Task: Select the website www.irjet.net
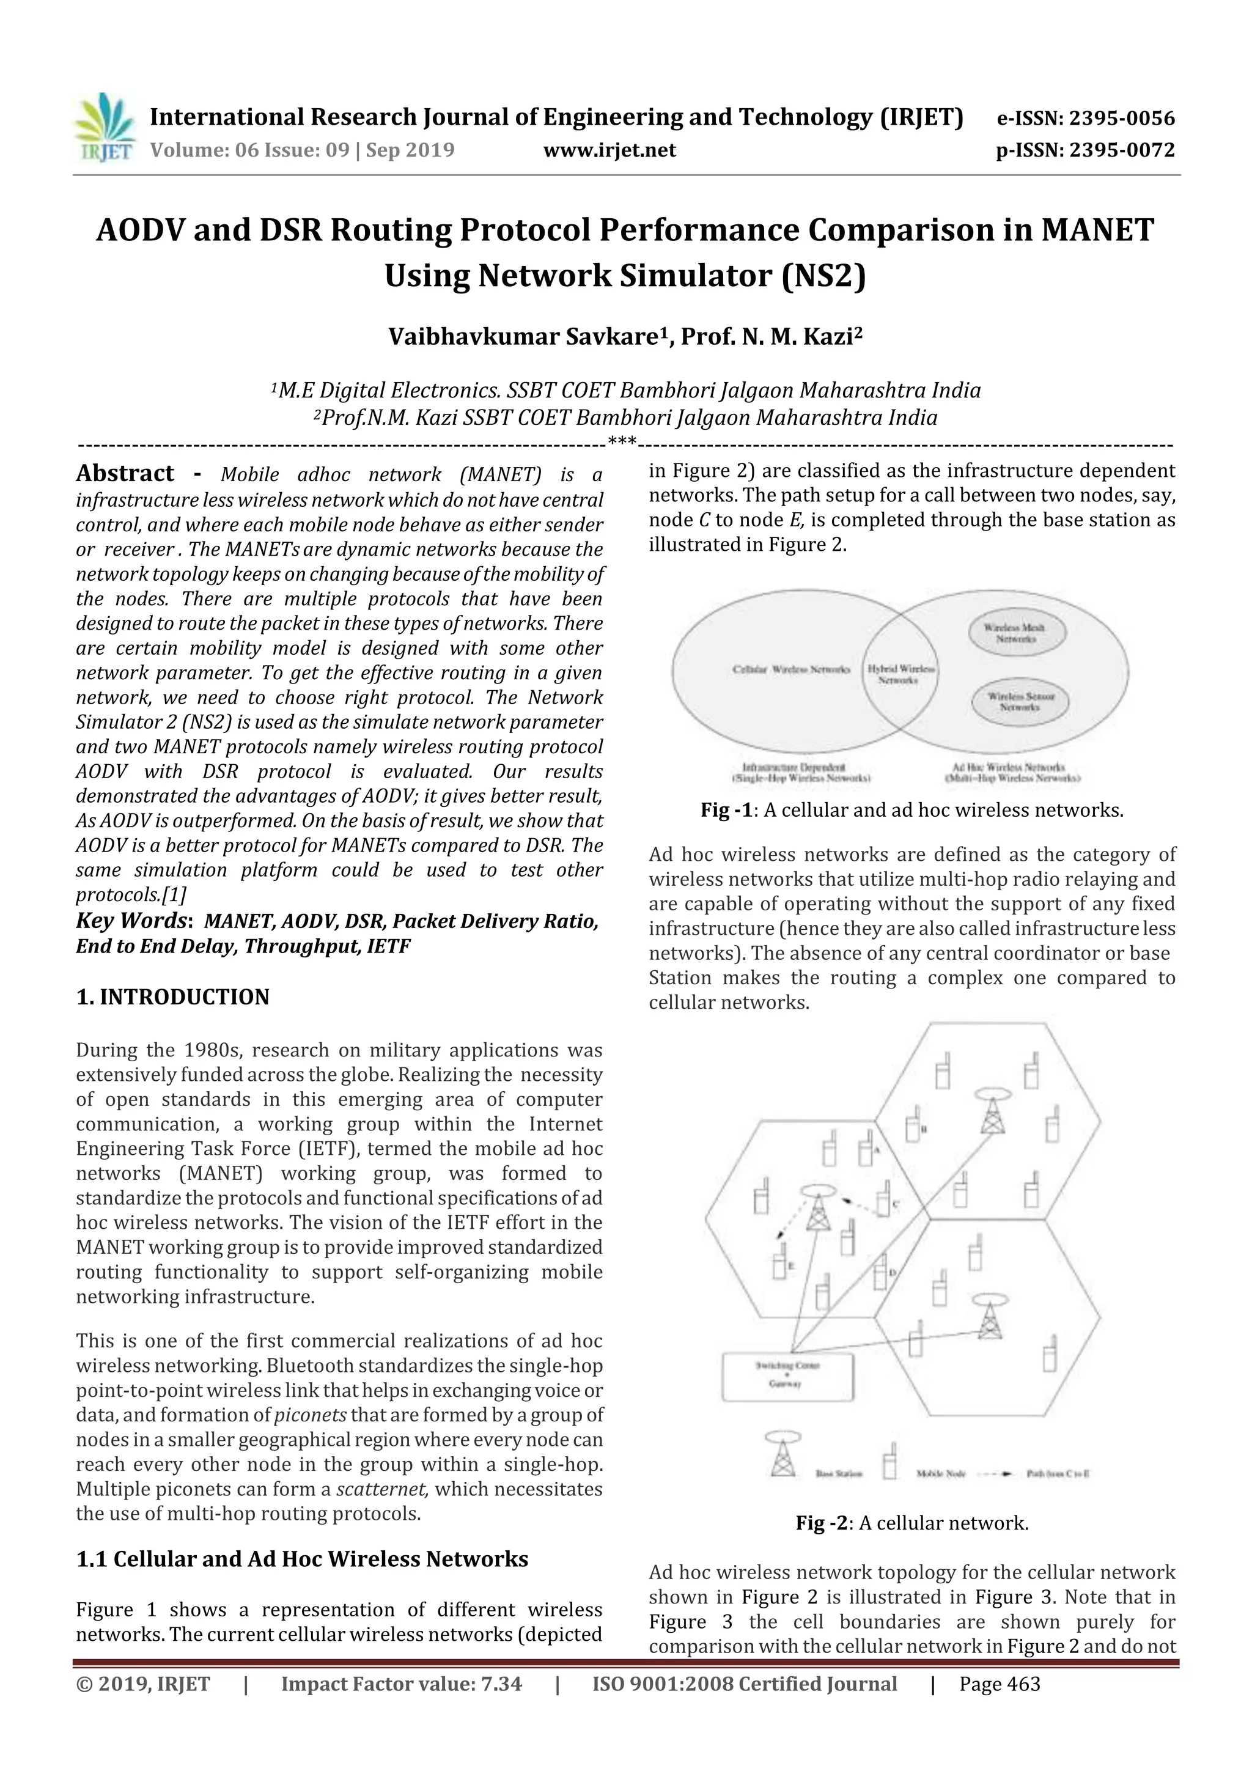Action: [x=609, y=150]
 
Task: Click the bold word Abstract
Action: [x=125, y=472]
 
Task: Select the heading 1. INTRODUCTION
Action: [x=173, y=996]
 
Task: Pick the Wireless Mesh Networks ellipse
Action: [x=1017, y=633]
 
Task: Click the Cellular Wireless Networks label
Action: [x=790, y=669]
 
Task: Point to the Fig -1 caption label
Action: [x=725, y=810]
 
